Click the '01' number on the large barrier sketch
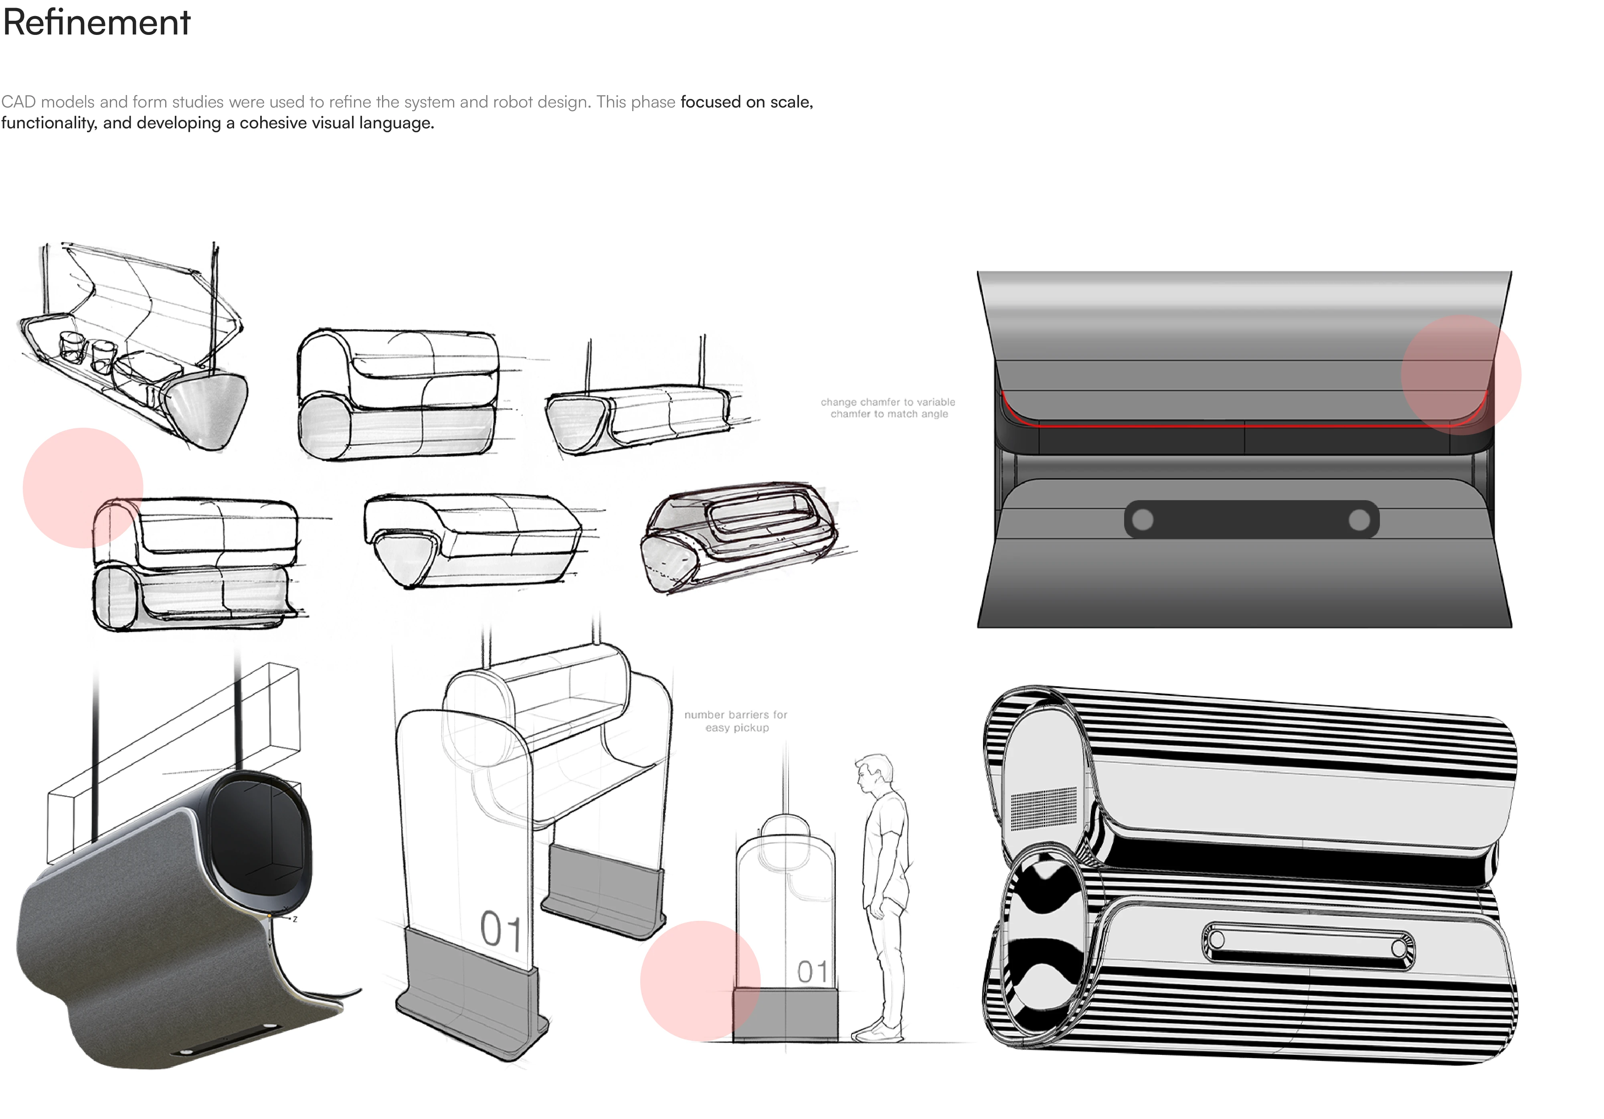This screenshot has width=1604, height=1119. [500, 930]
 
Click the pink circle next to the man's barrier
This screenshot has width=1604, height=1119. [700, 981]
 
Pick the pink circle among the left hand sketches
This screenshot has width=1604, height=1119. [83, 488]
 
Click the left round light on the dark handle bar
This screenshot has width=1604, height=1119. [1143, 519]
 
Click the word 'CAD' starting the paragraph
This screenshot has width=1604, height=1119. [18, 102]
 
